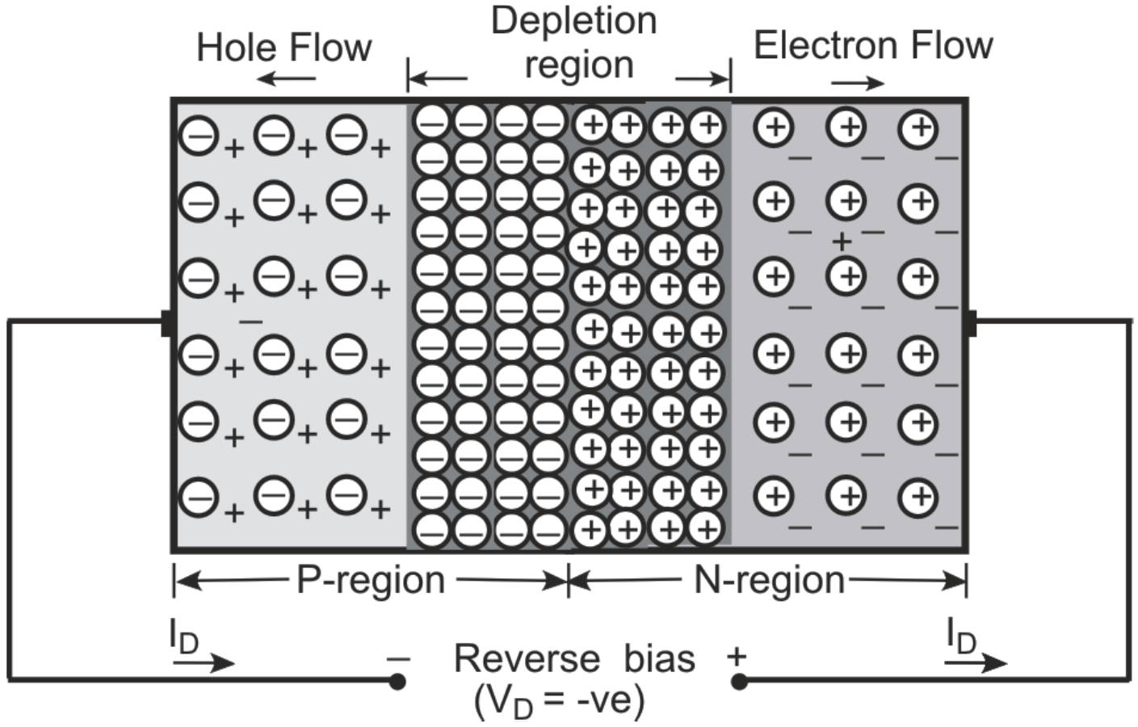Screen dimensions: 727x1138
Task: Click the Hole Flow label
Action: (x=283, y=48)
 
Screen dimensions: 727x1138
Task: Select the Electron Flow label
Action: (x=872, y=45)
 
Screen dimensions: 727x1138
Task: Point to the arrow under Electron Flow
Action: (x=858, y=82)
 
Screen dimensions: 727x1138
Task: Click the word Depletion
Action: (x=574, y=21)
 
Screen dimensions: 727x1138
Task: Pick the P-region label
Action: (x=371, y=580)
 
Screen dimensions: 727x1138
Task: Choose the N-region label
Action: (x=769, y=580)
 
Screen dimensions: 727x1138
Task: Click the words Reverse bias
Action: (x=574, y=658)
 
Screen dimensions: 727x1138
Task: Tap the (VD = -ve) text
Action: (x=560, y=700)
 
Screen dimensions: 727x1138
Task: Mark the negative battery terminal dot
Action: (x=397, y=682)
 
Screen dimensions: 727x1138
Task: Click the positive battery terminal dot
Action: (x=739, y=682)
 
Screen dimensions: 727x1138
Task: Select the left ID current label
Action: (x=184, y=638)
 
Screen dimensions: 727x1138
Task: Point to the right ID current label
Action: (x=962, y=638)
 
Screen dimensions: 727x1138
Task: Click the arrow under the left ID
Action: (x=203, y=663)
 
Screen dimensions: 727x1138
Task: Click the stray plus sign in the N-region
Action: (x=842, y=241)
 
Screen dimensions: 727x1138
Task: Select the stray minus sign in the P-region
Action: (x=251, y=321)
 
